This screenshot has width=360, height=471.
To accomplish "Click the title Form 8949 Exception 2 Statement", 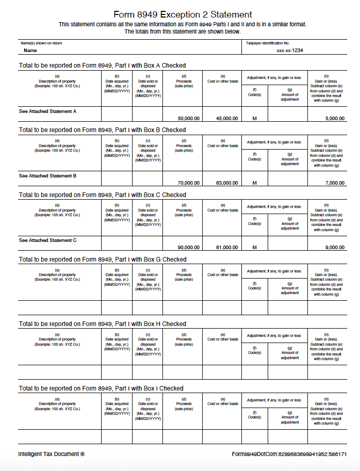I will (183, 14).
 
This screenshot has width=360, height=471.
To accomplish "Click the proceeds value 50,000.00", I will (188, 118).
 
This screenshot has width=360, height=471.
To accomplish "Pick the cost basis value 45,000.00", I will (227, 118).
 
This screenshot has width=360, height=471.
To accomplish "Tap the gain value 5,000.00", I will (335, 118).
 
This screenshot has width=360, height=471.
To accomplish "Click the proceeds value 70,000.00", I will (188, 183).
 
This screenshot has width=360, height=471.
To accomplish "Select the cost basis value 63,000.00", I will (227, 183).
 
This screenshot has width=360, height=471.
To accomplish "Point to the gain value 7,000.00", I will (335, 183).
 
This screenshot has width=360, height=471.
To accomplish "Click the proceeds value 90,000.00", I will (188, 247).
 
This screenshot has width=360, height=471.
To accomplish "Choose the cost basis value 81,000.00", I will (227, 247).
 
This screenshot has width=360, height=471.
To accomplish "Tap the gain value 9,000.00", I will (335, 247).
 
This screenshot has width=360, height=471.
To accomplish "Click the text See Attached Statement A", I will (47, 111).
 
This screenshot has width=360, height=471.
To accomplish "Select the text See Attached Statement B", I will (47, 176).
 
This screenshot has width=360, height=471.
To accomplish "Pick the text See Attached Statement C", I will (47, 240).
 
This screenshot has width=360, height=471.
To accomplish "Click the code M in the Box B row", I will (254, 183).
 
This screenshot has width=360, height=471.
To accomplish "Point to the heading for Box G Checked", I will (102, 259).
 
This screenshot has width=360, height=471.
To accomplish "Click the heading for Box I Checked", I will (101, 388).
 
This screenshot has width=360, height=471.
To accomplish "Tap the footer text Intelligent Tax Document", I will (51, 454).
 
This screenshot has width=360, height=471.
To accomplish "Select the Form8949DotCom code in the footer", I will (289, 454).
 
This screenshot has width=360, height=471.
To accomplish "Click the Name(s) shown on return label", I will (41, 43).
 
